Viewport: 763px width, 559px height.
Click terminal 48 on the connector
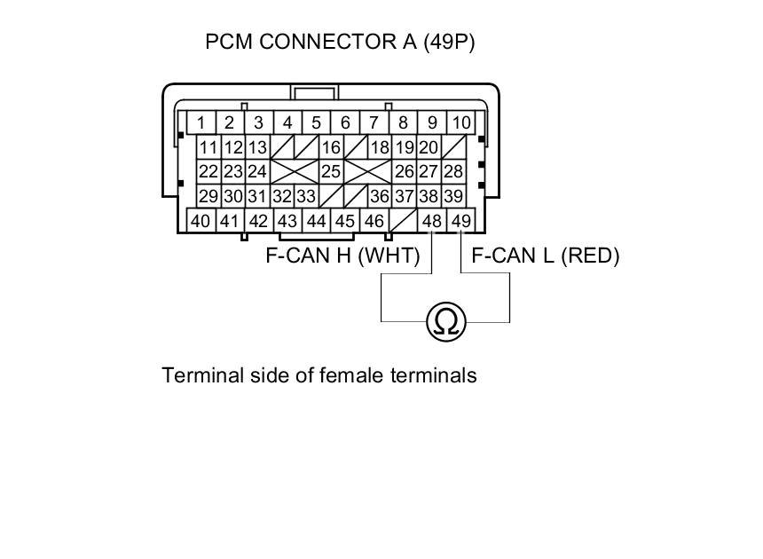point(432,221)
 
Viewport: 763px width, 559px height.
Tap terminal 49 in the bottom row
point(461,221)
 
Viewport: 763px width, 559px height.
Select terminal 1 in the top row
point(201,122)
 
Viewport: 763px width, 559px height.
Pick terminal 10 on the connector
point(461,122)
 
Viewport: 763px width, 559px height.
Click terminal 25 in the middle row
point(331,171)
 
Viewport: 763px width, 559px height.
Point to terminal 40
point(201,221)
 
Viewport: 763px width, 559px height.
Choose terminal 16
point(331,147)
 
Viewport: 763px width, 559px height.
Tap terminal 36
point(380,196)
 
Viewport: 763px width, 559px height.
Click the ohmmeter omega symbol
point(445,321)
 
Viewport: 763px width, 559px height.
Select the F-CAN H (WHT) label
point(342,256)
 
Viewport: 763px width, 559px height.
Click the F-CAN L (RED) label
point(545,256)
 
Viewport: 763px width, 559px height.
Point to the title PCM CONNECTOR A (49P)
point(340,42)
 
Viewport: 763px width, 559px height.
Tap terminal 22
point(208,171)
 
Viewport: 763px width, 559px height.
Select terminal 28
point(453,171)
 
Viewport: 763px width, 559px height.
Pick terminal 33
point(306,196)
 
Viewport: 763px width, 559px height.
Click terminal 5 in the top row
point(316,122)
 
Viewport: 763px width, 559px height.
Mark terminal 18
point(380,147)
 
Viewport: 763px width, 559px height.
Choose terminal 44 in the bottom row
point(316,221)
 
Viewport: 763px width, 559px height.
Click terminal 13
point(257,147)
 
